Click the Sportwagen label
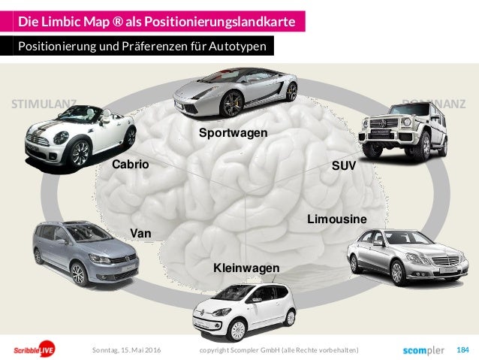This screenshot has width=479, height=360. tap(233, 133)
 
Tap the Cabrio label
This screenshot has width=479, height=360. tap(130, 164)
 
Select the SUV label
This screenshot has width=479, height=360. tap(342, 164)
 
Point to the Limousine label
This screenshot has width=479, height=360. tap(337, 219)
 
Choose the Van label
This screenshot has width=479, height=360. tap(140, 234)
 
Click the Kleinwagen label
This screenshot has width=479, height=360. tap(246, 268)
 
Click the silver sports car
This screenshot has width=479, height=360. tap(236, 92)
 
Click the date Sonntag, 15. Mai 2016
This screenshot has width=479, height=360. tap(125, 350)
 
